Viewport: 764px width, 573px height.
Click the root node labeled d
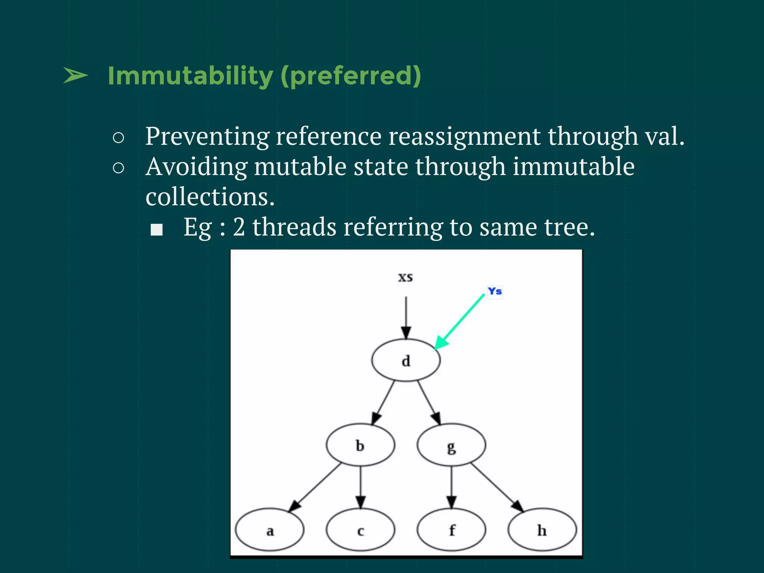point(406,360)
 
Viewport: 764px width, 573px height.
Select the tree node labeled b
point(360,445)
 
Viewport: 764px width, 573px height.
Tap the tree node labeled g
point(451,445)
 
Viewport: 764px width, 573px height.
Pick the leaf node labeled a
point(270,530)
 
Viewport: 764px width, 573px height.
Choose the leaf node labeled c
point(360,530)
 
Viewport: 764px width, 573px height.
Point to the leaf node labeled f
point(451,530)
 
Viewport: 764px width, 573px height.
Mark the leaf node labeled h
point(542,530)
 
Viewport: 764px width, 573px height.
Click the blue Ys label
point(495,291)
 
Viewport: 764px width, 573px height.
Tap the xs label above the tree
point(406,277)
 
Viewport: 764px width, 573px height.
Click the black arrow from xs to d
point(406,317)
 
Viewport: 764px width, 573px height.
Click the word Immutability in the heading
point(190,76)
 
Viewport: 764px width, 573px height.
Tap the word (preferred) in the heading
point(351,76)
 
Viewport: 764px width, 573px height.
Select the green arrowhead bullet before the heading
point(75,76)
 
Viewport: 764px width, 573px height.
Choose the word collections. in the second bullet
point(210,197)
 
